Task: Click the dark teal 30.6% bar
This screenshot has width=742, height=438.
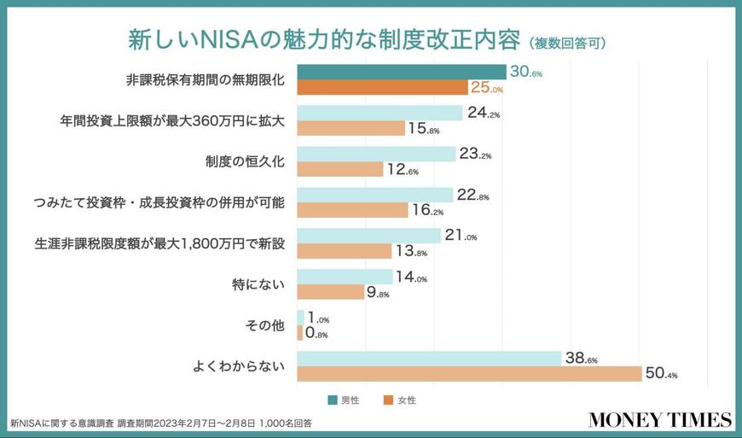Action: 401,72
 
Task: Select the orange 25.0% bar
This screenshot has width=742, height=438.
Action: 382,87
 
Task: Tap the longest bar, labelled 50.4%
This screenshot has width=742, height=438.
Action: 469,374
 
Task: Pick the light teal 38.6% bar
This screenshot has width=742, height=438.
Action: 429,359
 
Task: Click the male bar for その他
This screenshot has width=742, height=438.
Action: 300,318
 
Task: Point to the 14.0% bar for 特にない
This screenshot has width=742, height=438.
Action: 345,277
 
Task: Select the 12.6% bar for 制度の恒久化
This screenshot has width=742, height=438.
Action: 340,169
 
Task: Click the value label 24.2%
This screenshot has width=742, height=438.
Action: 484,113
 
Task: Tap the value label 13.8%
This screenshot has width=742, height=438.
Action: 411,251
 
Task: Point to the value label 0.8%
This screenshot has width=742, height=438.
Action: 317,333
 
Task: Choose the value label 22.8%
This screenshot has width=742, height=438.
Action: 473,196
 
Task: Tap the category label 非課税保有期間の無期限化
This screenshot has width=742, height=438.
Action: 205,79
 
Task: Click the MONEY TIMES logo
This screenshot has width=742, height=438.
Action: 659,419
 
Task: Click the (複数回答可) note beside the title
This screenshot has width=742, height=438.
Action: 567,43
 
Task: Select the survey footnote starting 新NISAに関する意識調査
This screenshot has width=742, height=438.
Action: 161,422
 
